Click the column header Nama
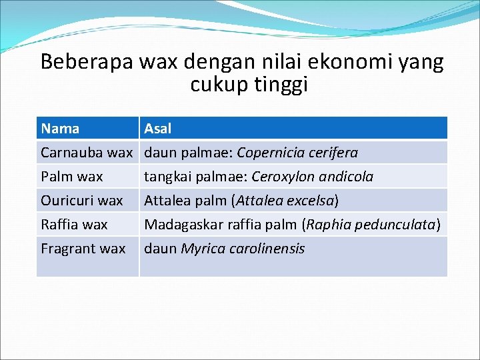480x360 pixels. click(x=60, y=129)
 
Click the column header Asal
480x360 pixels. click(x=158, y=129)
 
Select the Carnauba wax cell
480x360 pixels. click(x=87, y=153)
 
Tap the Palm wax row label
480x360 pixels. click(x=72, y=177)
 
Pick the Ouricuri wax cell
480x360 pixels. click(x=82, y=201)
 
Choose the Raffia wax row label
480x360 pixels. click(x=74, y=225)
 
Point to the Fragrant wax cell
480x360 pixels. click(x=83, y=249)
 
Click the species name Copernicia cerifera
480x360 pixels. click(x=297, y=153)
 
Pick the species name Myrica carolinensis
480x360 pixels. click(x=243, y=249)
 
